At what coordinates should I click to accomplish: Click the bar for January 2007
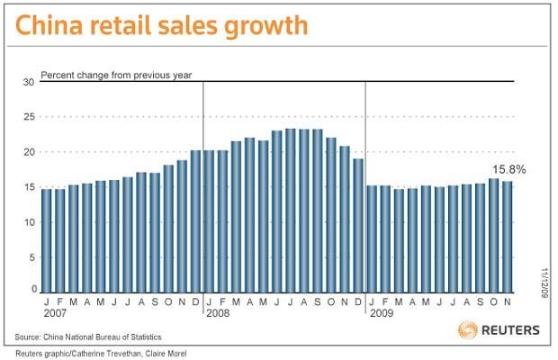click(46, 241)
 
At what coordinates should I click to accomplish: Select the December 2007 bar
click(195, 221)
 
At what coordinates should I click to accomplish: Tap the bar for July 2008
click(291, 211)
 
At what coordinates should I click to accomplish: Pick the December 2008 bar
click(358, 226)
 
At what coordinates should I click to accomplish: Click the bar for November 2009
click(508, 237)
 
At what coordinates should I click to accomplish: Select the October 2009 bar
click(494, 236)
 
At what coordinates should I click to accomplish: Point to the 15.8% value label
click(509, 170)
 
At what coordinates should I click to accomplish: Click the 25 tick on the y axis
click(29, 117)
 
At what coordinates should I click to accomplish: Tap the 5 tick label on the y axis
click(32, 257)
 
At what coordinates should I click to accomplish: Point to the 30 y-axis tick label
click(29, 82)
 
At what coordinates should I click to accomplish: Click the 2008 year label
click(218, 313)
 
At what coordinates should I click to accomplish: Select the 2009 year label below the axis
click(382, 313)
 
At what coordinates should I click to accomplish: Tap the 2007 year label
click(55, 313)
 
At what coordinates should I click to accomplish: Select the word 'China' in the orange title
click(49, 25)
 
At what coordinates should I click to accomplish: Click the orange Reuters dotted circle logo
click(468, 329)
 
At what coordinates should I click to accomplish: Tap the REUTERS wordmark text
click(510, 330)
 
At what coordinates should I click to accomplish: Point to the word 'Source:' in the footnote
click(28, 337)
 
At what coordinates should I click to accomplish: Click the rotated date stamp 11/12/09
click(544, 283)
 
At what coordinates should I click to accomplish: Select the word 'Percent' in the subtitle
click(57, 75)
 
